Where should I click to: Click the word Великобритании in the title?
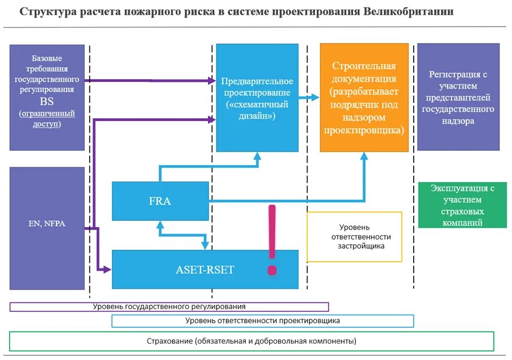click(x=410, y=12)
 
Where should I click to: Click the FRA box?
click(x=160, y=201)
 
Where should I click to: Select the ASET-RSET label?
click(x=205, y=270)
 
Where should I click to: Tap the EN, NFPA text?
click(x=47, y=223)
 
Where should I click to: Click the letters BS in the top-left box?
click(x=47, y=102)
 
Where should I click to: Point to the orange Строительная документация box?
click(x=364, y=97)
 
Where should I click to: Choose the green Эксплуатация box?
click(x=458, y=205)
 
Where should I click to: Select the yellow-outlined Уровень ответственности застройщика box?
click(x=354, y=237)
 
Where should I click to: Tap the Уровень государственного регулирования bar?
click(x=169, y=306)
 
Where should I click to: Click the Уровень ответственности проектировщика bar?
click(x=262, y=320)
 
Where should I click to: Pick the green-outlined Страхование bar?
click(x=251, y=341)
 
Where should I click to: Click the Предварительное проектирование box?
click(x=257, y=98)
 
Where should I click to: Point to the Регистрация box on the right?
click(x=458, y=97)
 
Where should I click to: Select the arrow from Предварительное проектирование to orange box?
click(x=309, y=98)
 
